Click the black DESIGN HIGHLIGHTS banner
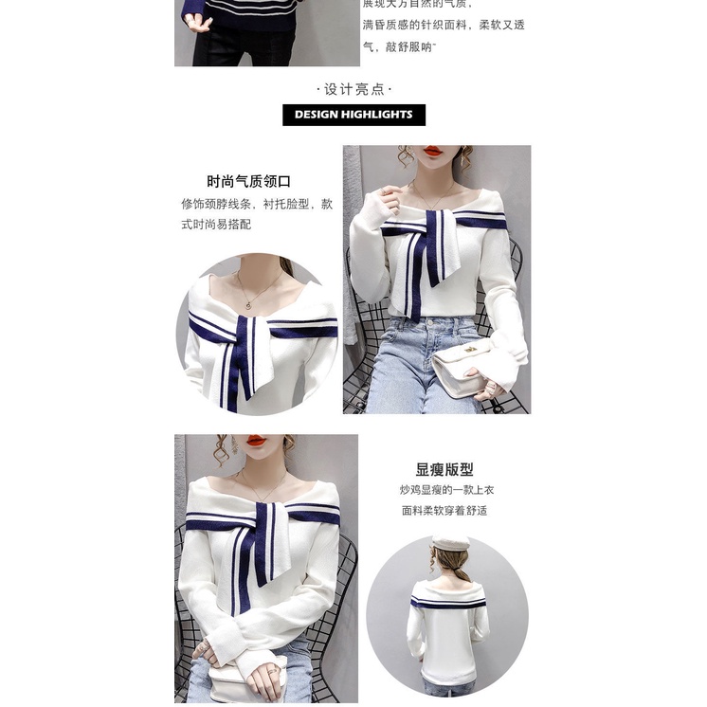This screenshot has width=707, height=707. pos(353,115)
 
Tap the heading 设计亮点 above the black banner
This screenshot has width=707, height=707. pos(353,89)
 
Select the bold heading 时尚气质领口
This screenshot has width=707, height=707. pos(248,181)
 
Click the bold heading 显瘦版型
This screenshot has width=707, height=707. pos(444,469)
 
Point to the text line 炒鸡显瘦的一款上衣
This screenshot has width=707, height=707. pos(446,490)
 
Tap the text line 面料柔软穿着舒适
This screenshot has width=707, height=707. pos(444,510)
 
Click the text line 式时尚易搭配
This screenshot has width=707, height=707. pos(216,225)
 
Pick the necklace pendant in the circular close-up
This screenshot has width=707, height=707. pos(247,304)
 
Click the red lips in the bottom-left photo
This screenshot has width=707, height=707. pos(256,441)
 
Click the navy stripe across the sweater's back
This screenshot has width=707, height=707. pos(447,601)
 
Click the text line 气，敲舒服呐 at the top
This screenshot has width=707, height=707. pos(398,45)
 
